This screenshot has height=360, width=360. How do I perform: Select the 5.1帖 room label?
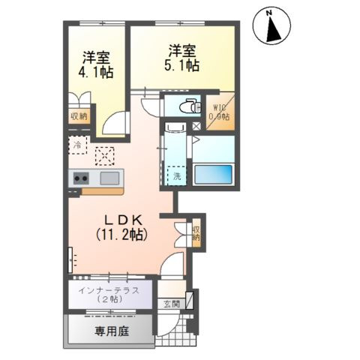183,58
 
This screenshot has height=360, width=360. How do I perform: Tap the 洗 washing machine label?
177,177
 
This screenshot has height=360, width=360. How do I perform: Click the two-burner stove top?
81,178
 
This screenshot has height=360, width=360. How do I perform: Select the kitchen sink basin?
109,178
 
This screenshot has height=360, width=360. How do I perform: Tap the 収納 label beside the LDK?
196,233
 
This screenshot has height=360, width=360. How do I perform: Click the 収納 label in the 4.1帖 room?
78,115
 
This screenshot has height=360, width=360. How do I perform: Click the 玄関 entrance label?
172,304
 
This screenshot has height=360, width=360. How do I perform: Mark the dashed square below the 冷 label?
104,157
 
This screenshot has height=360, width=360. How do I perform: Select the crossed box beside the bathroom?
196,127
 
